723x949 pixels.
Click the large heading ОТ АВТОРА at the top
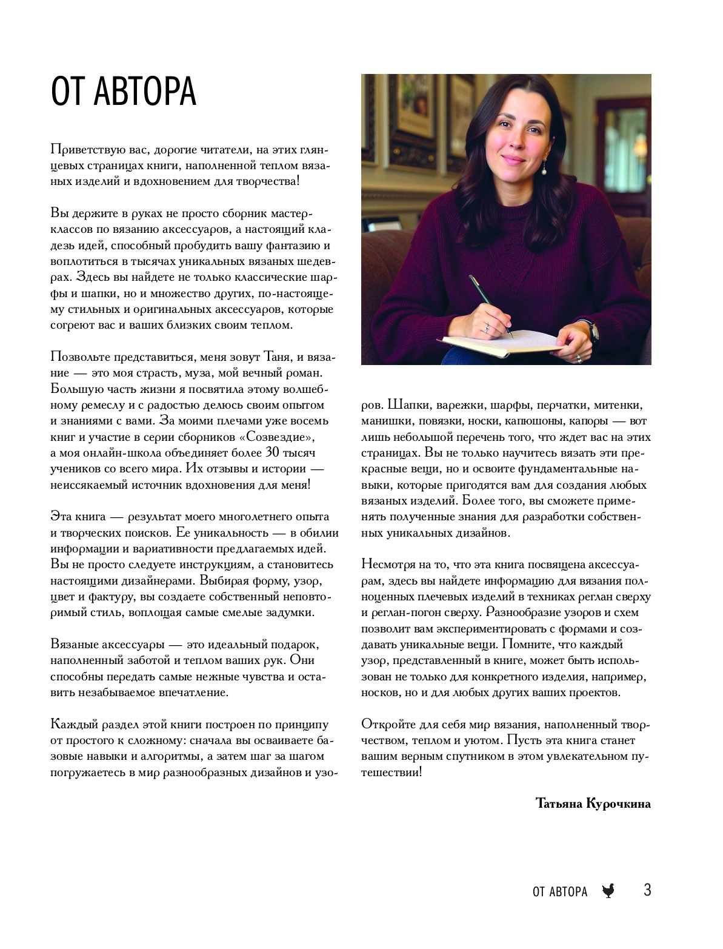click(x=124, y=92)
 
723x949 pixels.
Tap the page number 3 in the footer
click(x=647, y=890)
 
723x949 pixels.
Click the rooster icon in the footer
click(x=608, y=891)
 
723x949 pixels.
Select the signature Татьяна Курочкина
click(x=593, y=803)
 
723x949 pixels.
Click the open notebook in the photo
click(x=503, y=343)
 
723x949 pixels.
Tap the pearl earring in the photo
click(x=544, y=170)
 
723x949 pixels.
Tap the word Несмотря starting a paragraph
click(x=387, y=565)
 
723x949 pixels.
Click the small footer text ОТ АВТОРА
click(x=560, y=891)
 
